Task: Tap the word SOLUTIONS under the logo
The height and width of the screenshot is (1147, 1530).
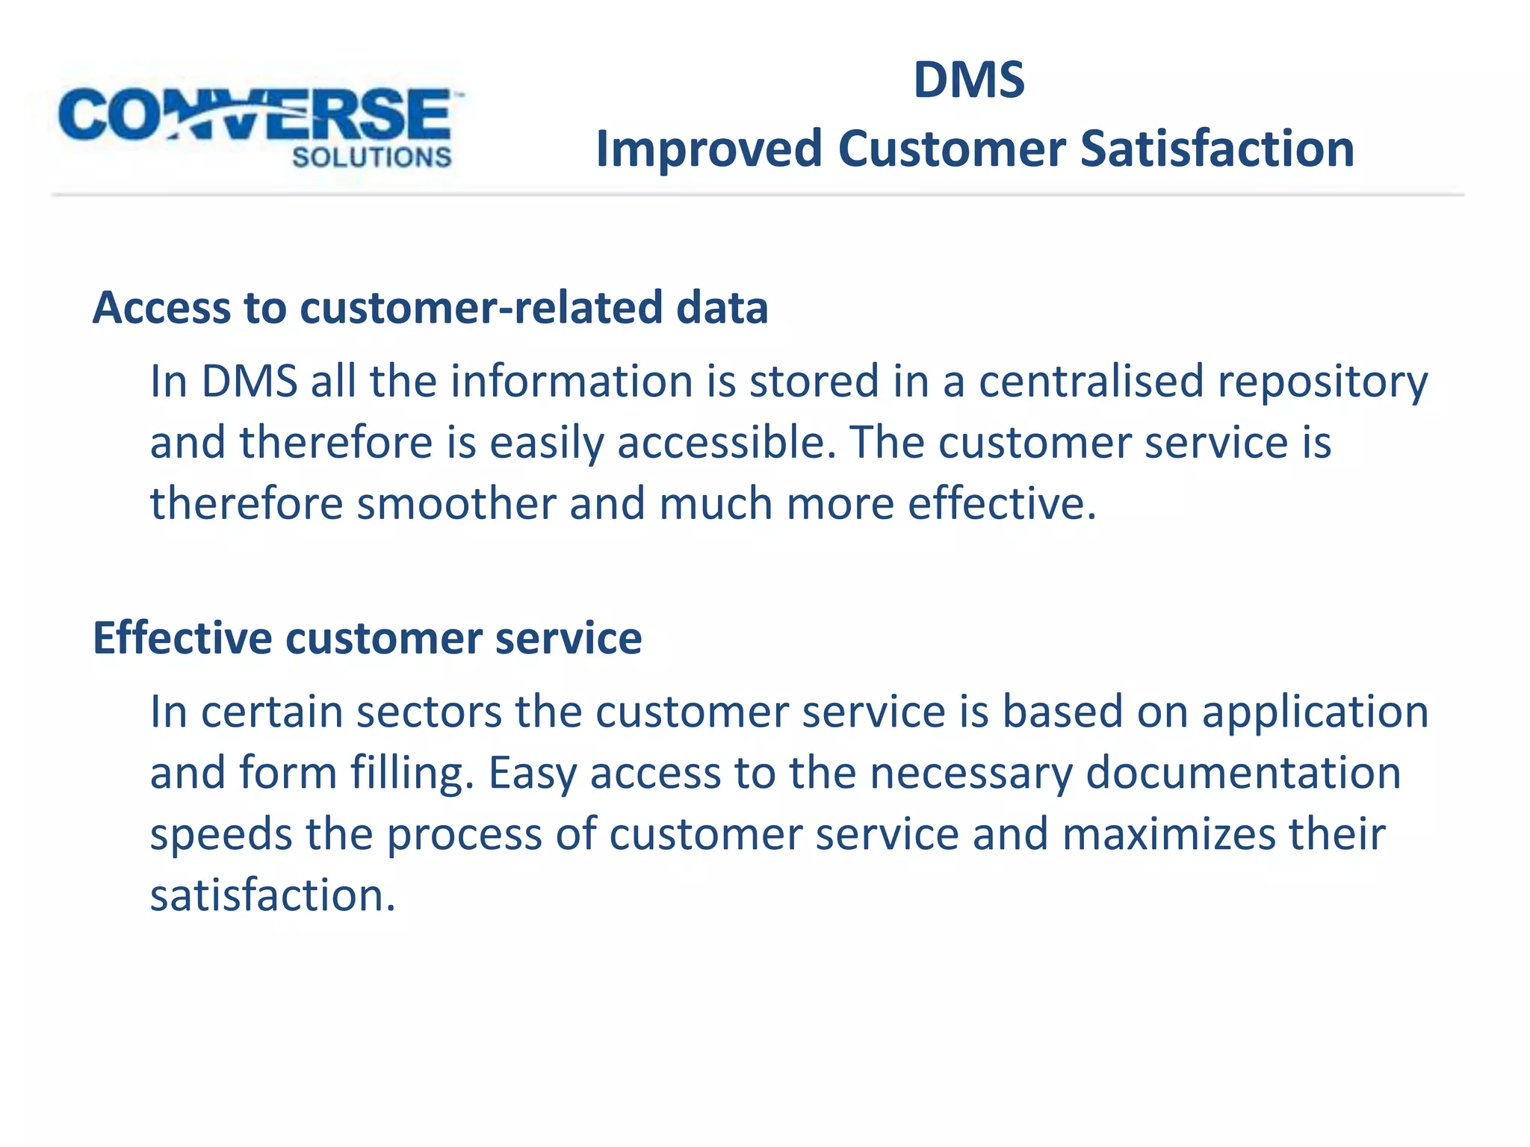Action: pos(371,158)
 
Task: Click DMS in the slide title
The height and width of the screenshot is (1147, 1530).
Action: pos(969,80)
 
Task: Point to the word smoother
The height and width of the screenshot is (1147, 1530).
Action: pos(456,503)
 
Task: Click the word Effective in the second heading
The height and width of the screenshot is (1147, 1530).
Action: pos(182,638)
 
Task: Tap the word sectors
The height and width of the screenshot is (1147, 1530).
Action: pos(429,712)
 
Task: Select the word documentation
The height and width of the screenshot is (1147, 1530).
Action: pos(1243,773)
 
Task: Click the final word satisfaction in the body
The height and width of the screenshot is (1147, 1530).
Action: pos(272,895)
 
